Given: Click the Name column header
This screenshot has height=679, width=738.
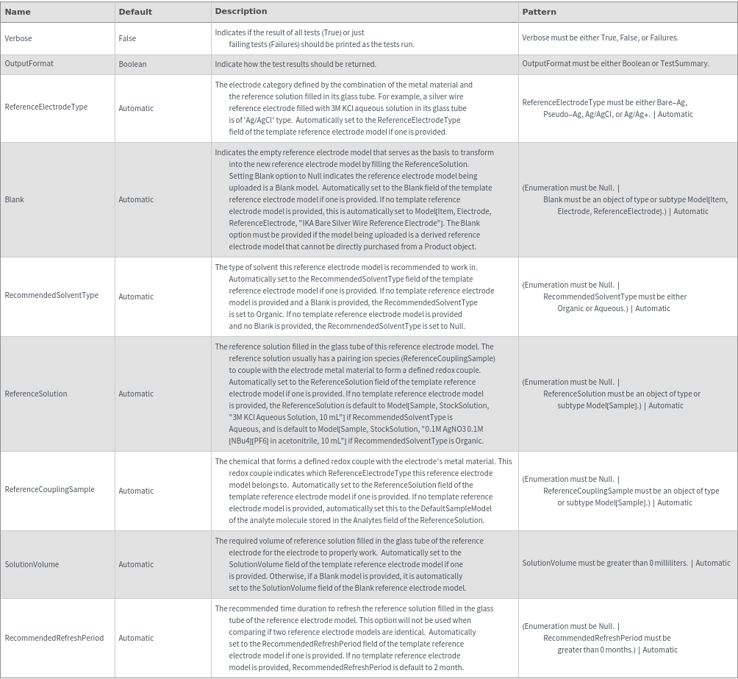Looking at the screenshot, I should (18, 12).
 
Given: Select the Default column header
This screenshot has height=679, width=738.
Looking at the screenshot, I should (135, 12).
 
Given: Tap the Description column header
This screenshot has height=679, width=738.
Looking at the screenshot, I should (241, 11).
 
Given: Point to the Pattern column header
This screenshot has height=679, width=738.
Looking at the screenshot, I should (539, 12).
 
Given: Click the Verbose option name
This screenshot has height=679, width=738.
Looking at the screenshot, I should (18, 38).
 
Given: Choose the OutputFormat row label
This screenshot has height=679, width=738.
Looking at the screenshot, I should (29, 63).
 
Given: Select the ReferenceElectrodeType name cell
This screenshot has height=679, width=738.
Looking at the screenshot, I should (46, 107).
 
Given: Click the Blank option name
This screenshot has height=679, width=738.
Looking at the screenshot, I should (14, 199).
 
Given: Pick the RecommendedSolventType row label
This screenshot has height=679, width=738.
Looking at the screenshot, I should (51, 295).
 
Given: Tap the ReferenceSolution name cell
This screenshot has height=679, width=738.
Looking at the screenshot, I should (35, 394).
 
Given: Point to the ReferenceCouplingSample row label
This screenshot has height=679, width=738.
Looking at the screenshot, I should (49, 489).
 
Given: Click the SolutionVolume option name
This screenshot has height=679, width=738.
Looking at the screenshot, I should (32, 564).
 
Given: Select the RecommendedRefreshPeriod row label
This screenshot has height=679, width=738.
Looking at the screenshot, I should (54, 638).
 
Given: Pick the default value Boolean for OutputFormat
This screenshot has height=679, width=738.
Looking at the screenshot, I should (132, 64).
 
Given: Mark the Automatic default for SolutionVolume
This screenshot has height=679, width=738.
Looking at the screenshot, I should (136, 564).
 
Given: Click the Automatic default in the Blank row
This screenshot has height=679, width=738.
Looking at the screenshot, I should (136, 199).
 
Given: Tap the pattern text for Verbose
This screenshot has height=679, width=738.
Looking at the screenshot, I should (600, 38).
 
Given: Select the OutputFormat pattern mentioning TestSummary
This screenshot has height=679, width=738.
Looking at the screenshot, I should (615, 63).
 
